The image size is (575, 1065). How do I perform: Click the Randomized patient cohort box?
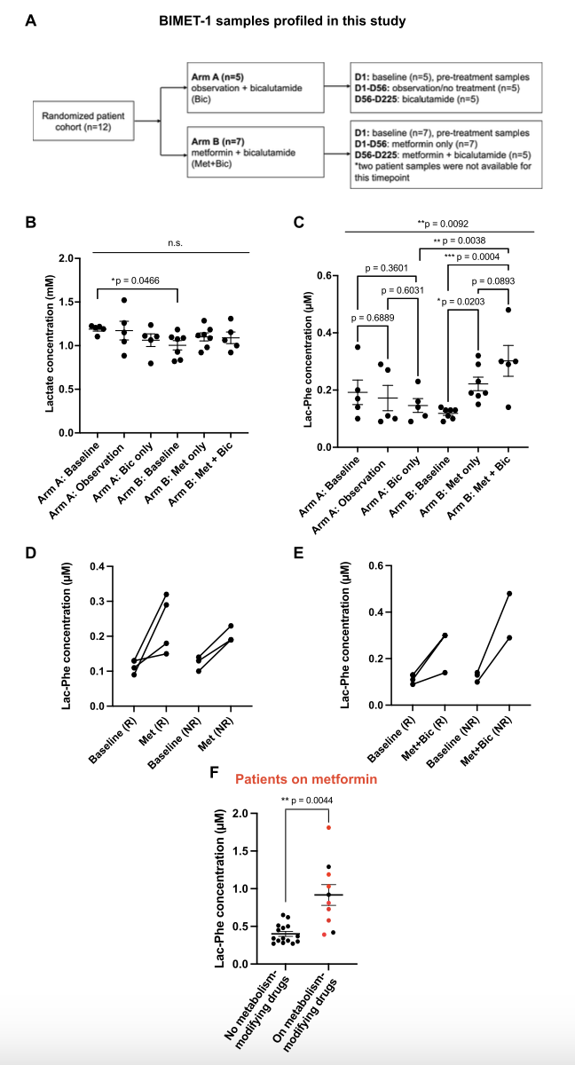[x=82, y=120]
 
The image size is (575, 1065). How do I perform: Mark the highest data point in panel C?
[x=508, y=310]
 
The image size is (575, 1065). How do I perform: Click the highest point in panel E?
[x=509, y=594]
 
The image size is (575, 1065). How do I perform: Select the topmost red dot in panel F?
[x=328, y=827]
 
